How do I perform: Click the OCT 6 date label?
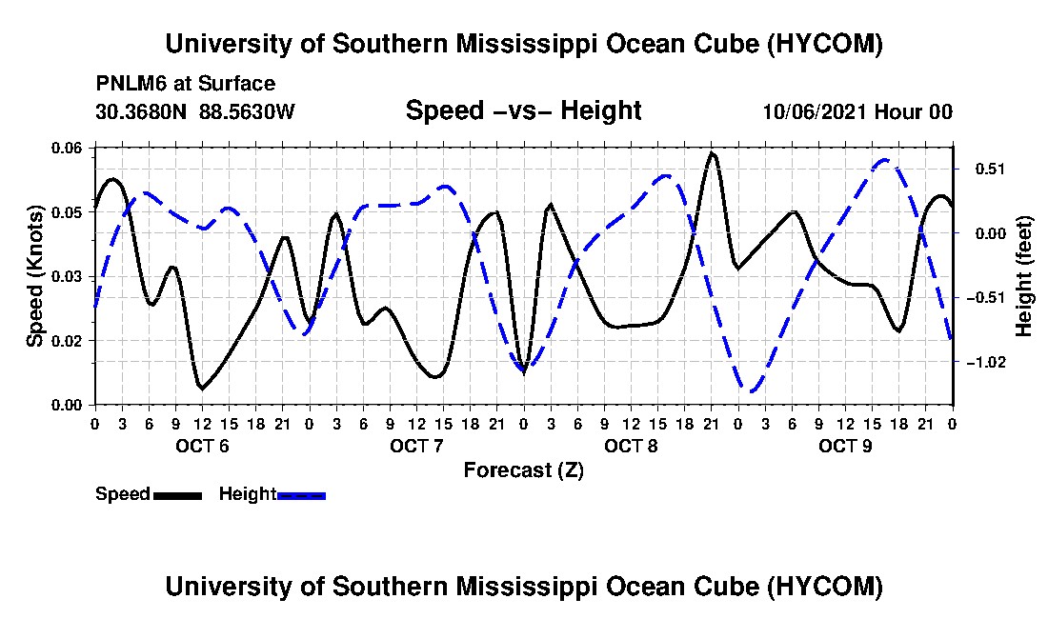point(203,446)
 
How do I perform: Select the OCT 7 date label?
point(417,446)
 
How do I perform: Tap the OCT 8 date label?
point(631,446)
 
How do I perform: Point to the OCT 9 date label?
point(845,446)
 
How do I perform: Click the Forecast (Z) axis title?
point(524,470)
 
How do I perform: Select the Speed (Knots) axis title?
point(34,276)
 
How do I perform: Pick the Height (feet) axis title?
point(1023,276)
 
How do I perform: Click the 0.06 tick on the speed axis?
point(66,149)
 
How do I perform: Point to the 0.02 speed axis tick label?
point(66,341)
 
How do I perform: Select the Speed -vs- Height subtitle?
point(524,110)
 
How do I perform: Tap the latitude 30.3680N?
point(141,111)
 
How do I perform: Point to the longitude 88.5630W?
point(247,111)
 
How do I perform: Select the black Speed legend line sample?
point(178,495)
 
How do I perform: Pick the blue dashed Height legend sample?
point(301,495)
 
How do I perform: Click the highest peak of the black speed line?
point(711,153)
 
